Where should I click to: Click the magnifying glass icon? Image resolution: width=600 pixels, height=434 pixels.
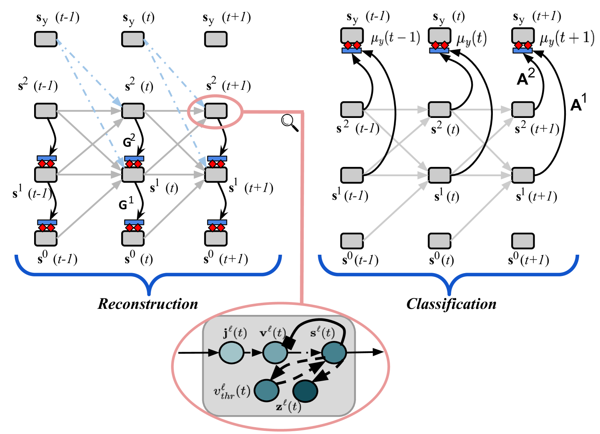289,122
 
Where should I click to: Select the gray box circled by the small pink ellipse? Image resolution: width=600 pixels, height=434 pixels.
216,111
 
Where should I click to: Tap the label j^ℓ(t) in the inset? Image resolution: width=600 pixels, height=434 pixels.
235,333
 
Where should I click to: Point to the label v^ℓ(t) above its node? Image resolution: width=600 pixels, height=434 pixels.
273,333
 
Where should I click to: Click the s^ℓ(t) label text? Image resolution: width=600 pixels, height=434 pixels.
322,333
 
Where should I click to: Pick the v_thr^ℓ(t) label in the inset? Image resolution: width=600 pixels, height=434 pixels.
232,391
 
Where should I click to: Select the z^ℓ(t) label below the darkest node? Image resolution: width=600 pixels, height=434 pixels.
288,407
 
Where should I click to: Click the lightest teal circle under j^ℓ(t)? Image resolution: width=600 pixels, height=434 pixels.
231,353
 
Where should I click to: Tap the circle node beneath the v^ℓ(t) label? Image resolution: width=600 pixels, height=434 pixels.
275,353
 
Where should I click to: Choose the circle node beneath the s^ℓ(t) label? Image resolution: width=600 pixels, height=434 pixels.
334,353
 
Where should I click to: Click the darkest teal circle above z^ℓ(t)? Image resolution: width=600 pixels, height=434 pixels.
305,391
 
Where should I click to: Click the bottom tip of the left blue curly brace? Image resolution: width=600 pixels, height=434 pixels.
149,294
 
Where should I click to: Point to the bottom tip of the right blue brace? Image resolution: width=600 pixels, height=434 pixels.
449,294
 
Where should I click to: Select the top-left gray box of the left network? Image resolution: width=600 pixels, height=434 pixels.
46,39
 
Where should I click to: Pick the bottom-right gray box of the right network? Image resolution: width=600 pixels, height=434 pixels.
523,241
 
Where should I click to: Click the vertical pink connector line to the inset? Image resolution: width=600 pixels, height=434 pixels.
302,209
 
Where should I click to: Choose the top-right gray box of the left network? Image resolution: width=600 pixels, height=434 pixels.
216,39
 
